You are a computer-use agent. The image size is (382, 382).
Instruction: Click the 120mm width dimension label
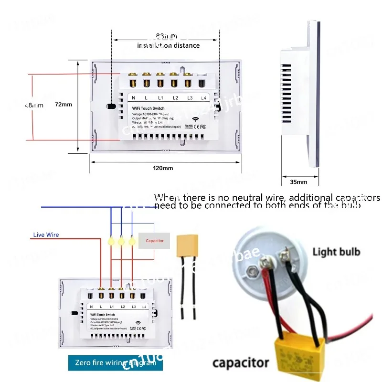(163, 168)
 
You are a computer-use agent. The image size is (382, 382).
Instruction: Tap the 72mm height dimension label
(64, 104)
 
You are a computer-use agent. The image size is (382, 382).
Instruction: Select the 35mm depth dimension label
(298, 182)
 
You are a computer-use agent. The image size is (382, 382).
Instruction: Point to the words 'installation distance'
(168, 45)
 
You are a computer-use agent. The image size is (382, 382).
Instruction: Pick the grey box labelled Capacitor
(154, 241)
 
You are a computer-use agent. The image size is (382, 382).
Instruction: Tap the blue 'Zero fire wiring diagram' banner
(116, 363)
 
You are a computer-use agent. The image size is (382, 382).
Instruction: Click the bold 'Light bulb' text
(337, 252)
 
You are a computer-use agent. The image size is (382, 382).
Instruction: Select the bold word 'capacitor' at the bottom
(241, 363)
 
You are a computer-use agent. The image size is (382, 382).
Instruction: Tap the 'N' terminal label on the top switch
(134, 98)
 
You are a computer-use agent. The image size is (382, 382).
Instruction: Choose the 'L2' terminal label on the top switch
(175, 98)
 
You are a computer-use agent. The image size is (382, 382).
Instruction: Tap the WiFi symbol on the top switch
(195, 120)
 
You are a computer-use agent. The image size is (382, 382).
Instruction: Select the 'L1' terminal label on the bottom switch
(112, 306)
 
